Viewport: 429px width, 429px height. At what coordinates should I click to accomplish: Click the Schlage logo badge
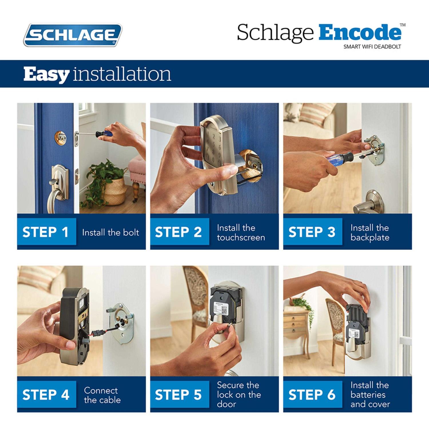(x=73, y=35)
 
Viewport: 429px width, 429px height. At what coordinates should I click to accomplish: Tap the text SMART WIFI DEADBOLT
(x=372, y=47)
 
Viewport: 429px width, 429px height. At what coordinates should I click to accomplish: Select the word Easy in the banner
(x=46, y=74)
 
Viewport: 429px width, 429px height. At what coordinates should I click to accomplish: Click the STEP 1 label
(x=46, y=232)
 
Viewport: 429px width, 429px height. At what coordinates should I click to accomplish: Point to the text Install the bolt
(x=110, y=232)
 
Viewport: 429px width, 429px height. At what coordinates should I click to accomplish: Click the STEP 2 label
(x=178, y=232)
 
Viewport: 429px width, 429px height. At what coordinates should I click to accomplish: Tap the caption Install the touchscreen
(x=241, y=233)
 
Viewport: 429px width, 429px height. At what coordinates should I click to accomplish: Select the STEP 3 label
(x=312, y=232)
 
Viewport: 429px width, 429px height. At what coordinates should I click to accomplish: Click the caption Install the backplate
(x=370, y=233)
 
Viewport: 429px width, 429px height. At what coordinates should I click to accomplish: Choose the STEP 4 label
(x=46, y=395)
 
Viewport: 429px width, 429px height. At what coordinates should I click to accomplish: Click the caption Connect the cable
(x=102, y=395)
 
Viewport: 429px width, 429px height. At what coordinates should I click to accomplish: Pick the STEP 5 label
(x=178, y=395)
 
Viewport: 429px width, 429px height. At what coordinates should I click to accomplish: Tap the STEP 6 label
(x=312, y=395)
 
